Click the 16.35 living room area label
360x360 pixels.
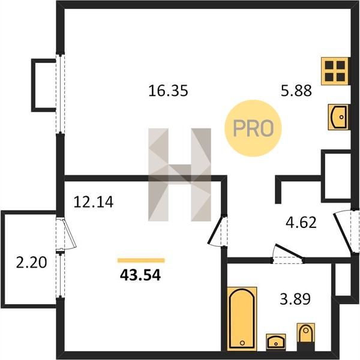tap(168, 91)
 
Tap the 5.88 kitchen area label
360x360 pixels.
tap(296, 91)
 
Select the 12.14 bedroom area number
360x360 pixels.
tap(94, 202)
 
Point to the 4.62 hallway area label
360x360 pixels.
tap(301, 222)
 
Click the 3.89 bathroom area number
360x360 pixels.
tap(295, 299)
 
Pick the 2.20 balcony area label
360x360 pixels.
tap(31, 262)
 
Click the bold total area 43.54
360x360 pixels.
tap(140, 275)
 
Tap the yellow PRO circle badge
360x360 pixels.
tap(253, 128)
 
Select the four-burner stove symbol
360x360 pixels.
tap(335, 71)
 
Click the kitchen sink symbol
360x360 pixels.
tap(338, 117)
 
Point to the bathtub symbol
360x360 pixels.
tap(242, 319)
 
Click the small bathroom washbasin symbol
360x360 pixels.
tap(276, 342)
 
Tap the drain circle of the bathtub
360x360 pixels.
tap(242, 343)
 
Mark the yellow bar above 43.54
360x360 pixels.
tap(141, 260)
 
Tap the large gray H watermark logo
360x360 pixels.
tap(179, 175)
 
